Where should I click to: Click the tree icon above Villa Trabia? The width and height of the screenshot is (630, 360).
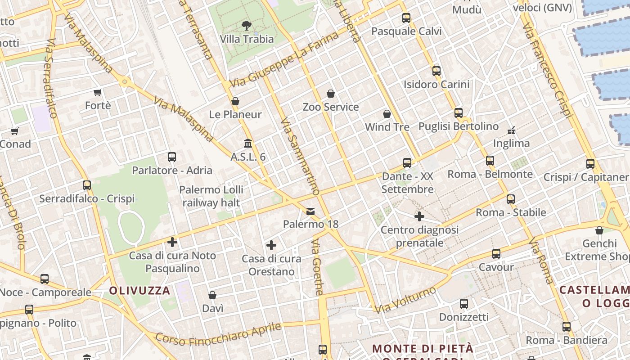(x=247, y=25)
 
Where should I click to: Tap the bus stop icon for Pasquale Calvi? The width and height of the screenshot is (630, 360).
(x=406, y=18)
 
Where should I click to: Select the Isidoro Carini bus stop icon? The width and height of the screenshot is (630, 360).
(x=436, y=71)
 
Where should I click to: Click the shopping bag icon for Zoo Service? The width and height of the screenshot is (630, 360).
(x=331, y=94)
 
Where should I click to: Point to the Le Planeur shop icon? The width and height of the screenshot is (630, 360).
(x=235, y=101)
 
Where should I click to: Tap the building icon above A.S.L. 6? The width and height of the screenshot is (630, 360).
(x=247, y=144)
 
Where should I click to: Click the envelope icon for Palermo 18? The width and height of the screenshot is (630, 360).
(x=310, y=211)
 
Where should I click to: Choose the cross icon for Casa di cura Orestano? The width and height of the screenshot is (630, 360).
(x=271, y=245)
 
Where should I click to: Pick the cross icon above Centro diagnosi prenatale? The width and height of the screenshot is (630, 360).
(x=419, y=216)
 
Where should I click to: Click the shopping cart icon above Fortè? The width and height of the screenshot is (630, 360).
(x=98, y=93)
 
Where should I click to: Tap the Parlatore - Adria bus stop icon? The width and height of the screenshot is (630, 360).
(x=172, y=157)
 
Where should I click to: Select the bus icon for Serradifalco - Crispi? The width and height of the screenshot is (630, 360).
(x=87, y=185)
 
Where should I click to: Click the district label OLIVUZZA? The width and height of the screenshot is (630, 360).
(x=139, y=291)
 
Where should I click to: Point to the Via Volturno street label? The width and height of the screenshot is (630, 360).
(x=405, y=299)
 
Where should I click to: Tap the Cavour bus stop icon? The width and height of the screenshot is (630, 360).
(x=496, y=254)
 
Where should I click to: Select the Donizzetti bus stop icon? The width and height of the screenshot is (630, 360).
(x=464, y=304)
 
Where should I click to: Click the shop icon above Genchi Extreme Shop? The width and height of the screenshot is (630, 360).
(x=599, y=230)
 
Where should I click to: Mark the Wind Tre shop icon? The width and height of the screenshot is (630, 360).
(x=387, y=114)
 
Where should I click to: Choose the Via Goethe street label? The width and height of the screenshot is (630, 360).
(x=317, y=267)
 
